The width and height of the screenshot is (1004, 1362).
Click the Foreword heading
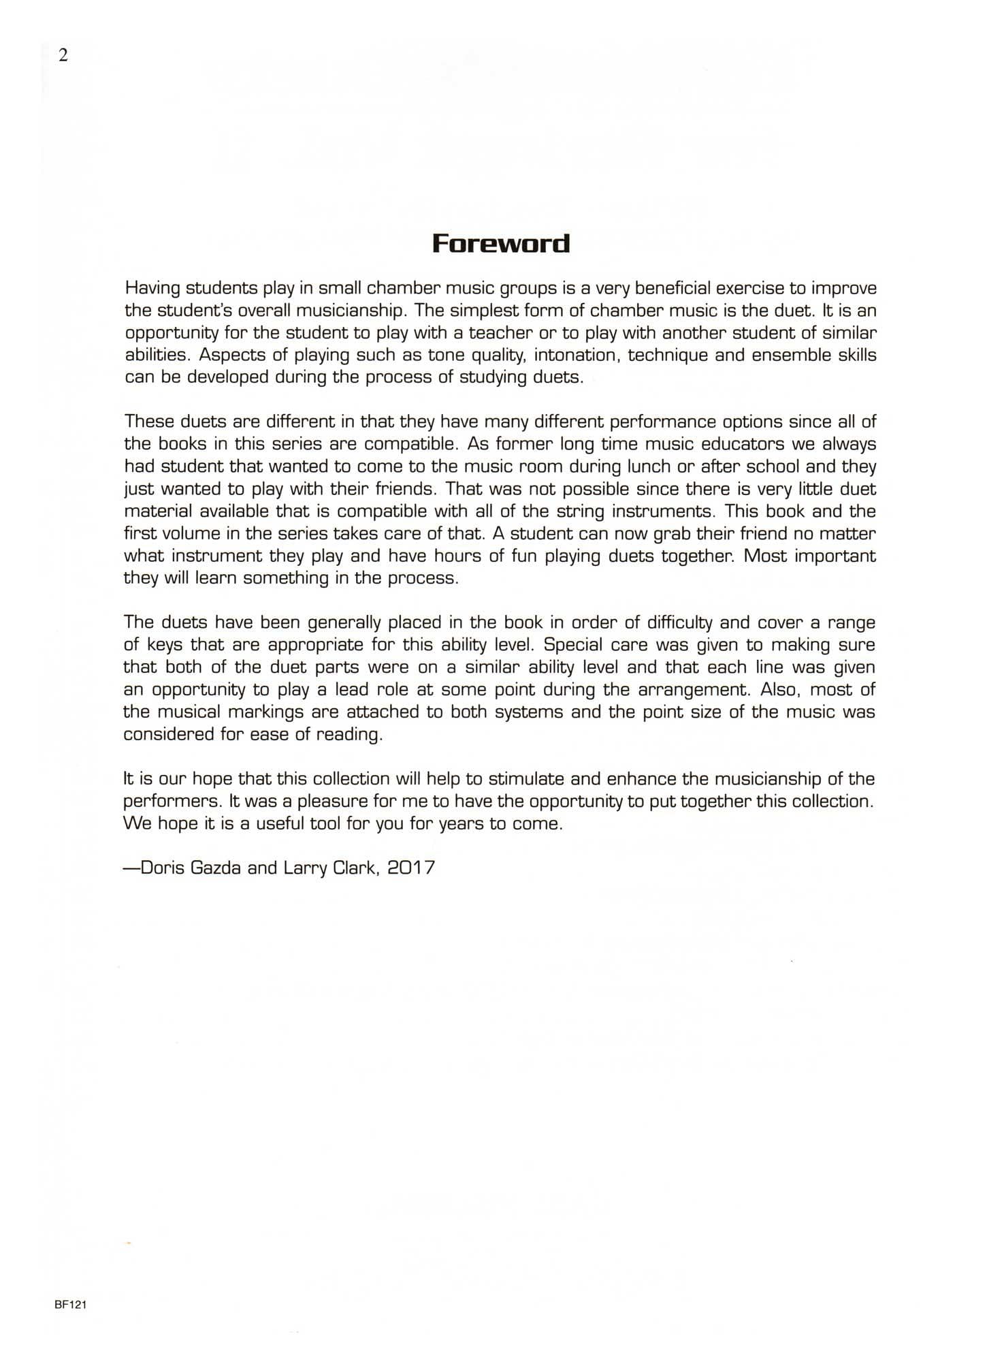coord(501,243)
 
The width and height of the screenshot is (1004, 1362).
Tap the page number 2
coord(63,56)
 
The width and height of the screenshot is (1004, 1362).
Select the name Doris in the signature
coord(161,868)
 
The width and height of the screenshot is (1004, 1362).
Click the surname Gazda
coord(212,868)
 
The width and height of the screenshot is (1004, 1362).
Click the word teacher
coord(502,333)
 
